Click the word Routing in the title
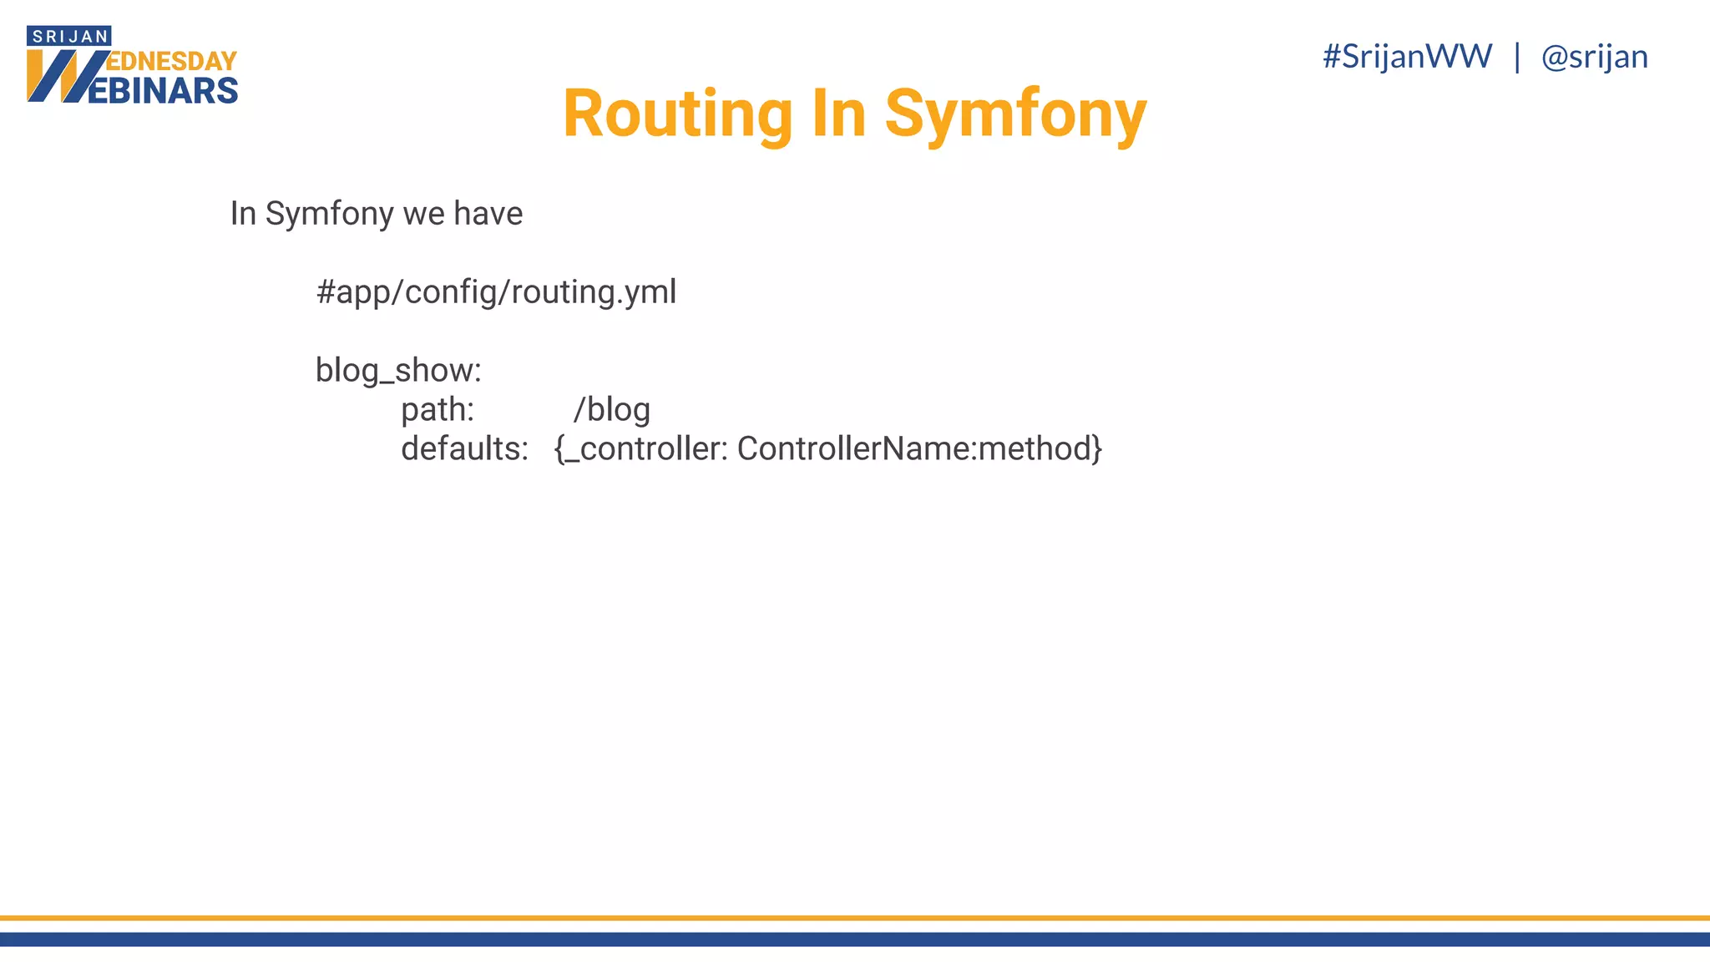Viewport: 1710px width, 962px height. click(677, 114)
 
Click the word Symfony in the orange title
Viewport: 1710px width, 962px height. click(1015, 114)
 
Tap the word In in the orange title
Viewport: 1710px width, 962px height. click(838, 114)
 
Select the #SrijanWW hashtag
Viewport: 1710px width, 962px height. click(1407, 57)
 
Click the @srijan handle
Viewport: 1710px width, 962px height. click(1594, 57)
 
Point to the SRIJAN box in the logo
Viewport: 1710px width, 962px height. click(69, 36)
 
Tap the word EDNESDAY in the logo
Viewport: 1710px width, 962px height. click(173, 61)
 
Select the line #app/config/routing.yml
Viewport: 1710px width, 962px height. click(496, 292)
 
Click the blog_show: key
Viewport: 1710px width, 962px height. click(398, 370)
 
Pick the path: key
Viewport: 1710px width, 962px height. click(438, 410)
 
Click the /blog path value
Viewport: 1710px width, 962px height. click(612, 410)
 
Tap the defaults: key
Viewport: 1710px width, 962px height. click(464, 449)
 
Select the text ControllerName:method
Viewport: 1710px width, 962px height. click(913, 449)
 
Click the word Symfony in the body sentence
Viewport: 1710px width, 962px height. click(329, 215)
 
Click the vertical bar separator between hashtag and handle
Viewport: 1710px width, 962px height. click(1517, 57)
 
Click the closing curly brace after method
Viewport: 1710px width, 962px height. click(1097, 449)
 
